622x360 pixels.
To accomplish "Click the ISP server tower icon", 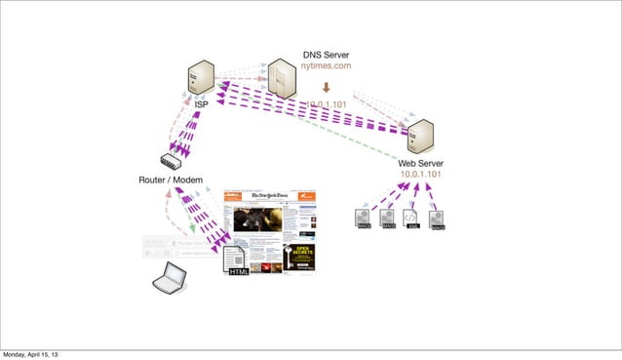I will point(202,78).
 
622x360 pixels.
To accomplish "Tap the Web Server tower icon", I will point(421,138).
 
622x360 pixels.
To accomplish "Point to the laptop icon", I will point(170,278).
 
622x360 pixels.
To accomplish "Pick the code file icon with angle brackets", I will point(412,220).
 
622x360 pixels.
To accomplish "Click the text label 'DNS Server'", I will point(326,54).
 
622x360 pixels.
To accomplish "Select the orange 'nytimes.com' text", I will point(326,66).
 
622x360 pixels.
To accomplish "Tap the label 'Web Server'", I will point(421,162).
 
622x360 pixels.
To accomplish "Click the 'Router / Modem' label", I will point(170,181).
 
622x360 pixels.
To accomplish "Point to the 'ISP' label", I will point(201,103).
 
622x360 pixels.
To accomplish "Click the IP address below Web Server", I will point(421,175).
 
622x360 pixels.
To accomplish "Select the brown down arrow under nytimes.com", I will point(326,85).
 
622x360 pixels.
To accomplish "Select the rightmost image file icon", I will point(437,220).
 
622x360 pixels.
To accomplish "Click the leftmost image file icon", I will point(365,220).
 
